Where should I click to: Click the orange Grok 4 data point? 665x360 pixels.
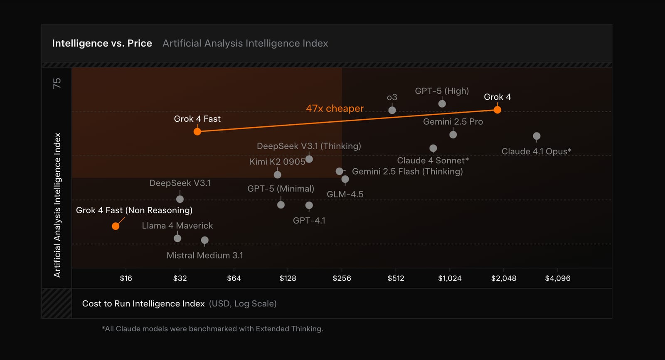497,110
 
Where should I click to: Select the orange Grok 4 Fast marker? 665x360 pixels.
197,131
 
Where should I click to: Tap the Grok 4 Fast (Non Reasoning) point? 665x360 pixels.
116,226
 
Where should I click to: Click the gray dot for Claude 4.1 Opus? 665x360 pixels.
537,136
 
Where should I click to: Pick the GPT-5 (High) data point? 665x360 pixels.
442,104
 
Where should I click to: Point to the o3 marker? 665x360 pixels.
392,110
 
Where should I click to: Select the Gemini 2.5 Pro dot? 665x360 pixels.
453,135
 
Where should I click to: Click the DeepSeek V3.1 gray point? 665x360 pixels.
180,199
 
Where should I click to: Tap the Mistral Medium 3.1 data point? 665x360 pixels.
204,240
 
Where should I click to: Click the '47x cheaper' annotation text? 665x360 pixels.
335,108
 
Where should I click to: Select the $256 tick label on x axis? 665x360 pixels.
342,278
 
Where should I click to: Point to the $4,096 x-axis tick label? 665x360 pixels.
557,278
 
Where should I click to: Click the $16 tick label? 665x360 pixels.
126,278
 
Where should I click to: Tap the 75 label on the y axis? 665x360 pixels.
57,83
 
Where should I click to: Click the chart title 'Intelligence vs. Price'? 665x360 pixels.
102,43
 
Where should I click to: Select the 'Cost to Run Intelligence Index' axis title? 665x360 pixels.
143,303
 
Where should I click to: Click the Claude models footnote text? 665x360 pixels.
212,329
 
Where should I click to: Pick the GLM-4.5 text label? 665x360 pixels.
345,194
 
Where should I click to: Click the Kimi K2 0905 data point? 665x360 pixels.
278,175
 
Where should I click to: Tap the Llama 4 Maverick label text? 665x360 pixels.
177,226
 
